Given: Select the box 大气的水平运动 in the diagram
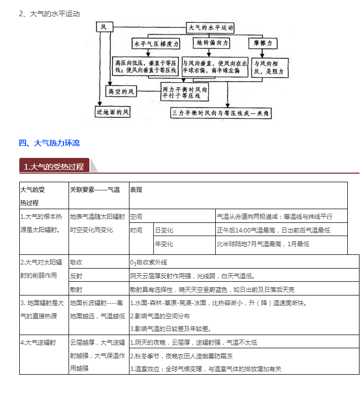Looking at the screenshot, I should click(210, 26).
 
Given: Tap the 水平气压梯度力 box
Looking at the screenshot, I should click(156, 44).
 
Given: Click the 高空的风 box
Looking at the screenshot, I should click(122, 91).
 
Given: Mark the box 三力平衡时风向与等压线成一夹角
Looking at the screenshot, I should click(222, 111).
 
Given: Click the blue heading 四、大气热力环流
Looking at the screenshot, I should click(49, 143).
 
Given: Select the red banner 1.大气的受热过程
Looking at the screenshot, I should click(54, 167).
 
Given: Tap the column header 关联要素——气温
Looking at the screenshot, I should click(95, 190).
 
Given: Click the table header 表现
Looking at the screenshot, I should click(136, 190).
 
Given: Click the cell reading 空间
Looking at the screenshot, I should click(136, 216).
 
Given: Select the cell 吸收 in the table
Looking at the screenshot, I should click(76, 262).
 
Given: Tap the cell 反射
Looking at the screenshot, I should click(76, 276).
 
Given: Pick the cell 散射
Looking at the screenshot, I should click(76, 289).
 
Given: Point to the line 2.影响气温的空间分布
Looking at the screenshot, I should click(164, 316).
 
